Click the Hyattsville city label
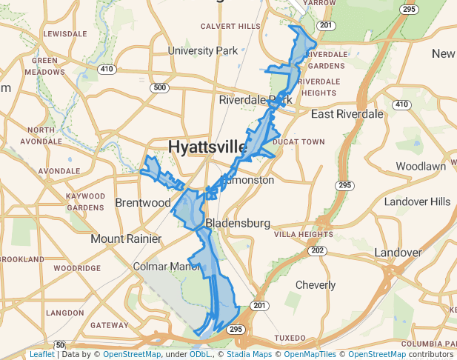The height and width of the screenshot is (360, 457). [x=207, y=147]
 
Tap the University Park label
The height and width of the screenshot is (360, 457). [x=202, y=51]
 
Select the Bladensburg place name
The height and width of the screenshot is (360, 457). [x=236, y=222]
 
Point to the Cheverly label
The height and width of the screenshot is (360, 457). [x=316, y=284]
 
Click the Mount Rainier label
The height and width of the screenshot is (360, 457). [x=126, y=239]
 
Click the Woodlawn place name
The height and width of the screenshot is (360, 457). [x=421, y=166]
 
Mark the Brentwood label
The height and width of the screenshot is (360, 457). [x=143, y=202]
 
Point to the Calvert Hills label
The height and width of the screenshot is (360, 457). [x=230, y=26]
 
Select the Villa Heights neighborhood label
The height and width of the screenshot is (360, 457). [x=304, y=234]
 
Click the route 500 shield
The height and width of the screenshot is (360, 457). [x=159, y=87]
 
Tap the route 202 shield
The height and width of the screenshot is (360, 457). [x=318, y=250]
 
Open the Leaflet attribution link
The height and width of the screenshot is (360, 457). [x=41, y=355]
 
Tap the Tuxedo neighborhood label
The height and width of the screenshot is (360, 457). [x=290, y=337]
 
